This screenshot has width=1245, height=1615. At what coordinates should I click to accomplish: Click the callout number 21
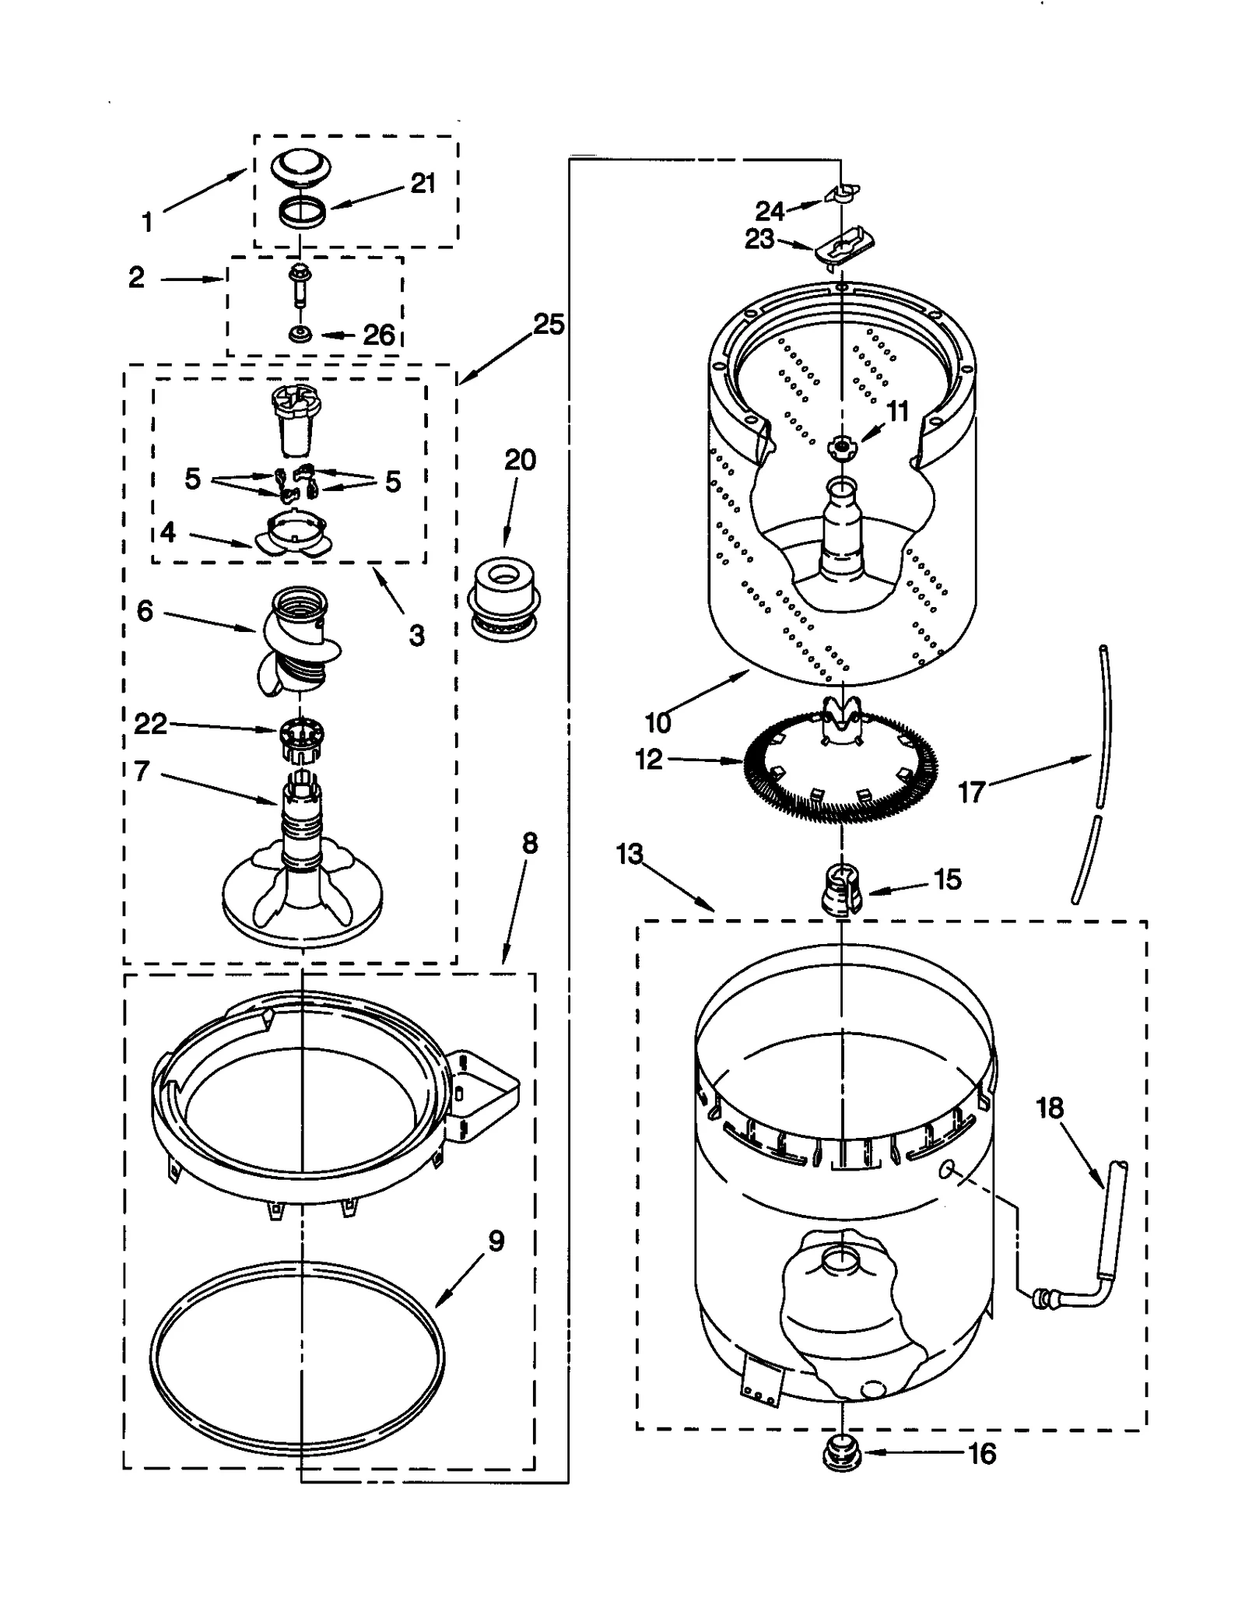tap(423, 184)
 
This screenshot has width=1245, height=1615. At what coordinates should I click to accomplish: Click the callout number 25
tap(548, 324)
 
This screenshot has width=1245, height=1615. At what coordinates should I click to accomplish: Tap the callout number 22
tap(150, 724)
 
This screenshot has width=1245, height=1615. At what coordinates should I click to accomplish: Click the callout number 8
tap(529, 843)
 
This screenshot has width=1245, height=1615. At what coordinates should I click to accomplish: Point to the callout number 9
tap(496, 1241)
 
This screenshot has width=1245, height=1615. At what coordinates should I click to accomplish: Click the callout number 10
tap(658, 722)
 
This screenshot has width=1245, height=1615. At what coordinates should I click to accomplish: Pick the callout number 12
tap(648, 759)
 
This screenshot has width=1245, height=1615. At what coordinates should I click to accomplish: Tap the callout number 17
tap(971, 792)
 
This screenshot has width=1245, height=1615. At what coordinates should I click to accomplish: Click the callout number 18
tap(1049, 1108)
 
